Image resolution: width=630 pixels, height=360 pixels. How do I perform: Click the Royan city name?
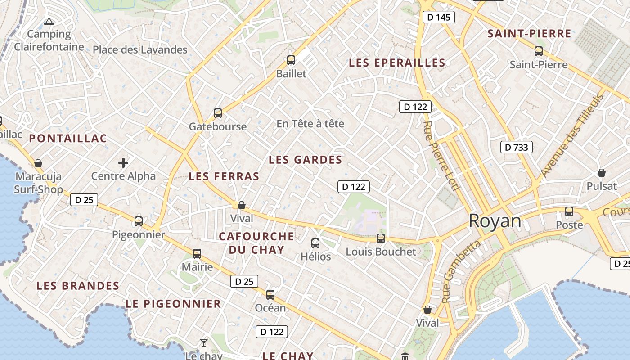tap(495, 221)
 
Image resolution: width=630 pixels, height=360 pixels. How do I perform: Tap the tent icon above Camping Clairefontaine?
tap(49, 21)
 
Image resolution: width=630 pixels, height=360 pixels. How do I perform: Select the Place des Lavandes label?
tap(140, 49)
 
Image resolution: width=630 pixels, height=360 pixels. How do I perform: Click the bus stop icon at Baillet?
tap(291, 60)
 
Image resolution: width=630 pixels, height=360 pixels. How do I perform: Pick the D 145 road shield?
tap(439, 18)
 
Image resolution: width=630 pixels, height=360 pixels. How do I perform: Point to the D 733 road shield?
tap(517, 147)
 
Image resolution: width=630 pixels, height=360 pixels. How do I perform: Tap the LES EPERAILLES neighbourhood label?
tap(397, 63)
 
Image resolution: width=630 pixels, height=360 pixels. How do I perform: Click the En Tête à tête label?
tap(310, 123)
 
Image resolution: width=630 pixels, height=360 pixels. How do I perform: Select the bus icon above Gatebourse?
tap(218, 113)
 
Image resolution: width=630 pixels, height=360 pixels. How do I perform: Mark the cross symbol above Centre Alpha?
tap(123, 162)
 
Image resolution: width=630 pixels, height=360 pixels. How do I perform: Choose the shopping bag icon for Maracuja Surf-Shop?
tap(38, 163)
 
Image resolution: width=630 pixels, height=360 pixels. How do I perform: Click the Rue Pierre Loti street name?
tap(441, 155)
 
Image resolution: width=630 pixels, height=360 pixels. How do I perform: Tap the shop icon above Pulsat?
tap(601, 172)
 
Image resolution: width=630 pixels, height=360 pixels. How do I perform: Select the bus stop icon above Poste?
tap(569, 211)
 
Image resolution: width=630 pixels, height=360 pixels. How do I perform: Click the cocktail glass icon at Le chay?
tap(204, 342)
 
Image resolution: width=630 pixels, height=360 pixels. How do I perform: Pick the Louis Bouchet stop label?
tap(381, 252)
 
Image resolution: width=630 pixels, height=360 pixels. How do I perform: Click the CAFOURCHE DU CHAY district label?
tap(256, 243)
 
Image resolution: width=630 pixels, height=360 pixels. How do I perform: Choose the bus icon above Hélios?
tap(315, 243)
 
